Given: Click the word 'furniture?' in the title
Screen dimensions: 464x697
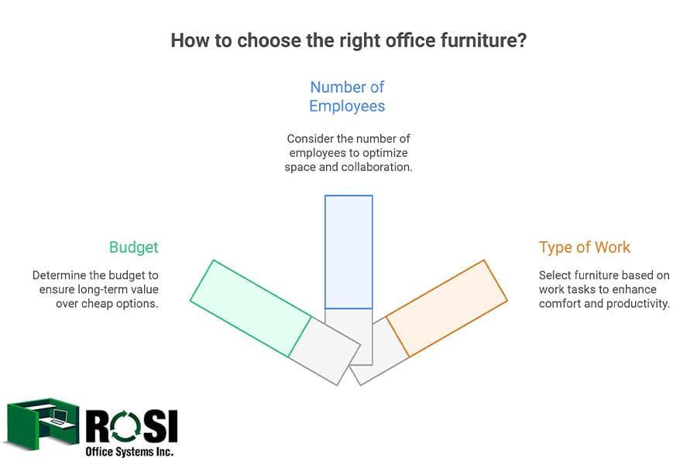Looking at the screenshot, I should pos(485,40).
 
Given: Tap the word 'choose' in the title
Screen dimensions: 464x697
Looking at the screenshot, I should pos(262,40).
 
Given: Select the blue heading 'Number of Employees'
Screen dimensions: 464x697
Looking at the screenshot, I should pos(347,97).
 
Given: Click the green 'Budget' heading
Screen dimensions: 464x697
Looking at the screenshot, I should pos(133,247).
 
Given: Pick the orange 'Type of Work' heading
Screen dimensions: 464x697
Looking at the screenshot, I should pos(585,247).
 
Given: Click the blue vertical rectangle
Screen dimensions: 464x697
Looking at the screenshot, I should pos(348,251).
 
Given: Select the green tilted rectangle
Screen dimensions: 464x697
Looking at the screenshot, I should pos(250,308).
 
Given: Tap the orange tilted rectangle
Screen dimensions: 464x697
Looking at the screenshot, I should pos(446,308).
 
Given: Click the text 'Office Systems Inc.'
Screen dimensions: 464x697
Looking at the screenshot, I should pos(129,450).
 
